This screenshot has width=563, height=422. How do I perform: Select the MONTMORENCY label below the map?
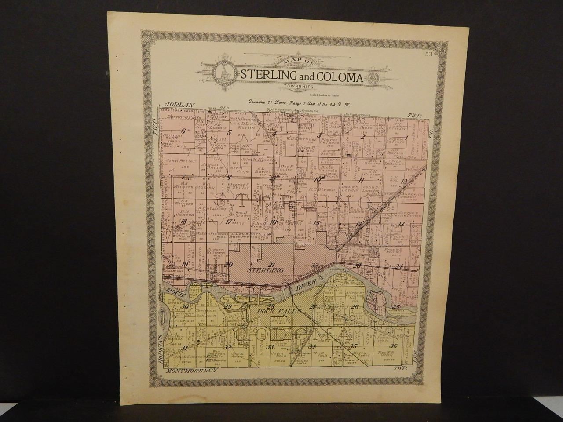[x=193, y=371]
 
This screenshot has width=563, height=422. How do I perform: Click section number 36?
[x=394, y=345]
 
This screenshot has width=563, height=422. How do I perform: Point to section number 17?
[x=228, y=222]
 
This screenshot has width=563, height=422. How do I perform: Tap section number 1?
[x=406, y=137]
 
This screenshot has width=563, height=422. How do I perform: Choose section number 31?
[x=184, y=348]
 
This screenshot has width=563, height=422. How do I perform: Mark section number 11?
[x=361, y=180]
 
